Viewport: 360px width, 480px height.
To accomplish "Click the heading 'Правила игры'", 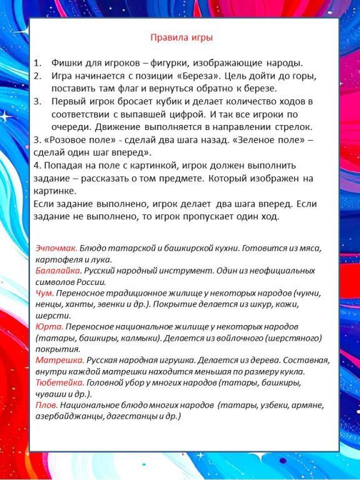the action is click(x=182, y=37).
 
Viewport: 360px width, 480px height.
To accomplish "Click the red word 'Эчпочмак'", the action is click(x=56, y=248).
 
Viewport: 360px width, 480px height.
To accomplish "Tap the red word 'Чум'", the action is click(x=44, y=293).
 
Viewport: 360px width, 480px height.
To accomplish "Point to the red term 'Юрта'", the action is click(x=49, y=327).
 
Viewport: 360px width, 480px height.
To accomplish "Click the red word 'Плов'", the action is click(x=47, y=405).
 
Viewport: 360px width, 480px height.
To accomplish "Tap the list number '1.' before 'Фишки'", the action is click(x=37, y=63).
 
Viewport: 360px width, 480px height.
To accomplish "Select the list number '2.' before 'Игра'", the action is click(x=37, y=76).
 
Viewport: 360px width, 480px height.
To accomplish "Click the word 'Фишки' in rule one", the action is click(x=67, y=63).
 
